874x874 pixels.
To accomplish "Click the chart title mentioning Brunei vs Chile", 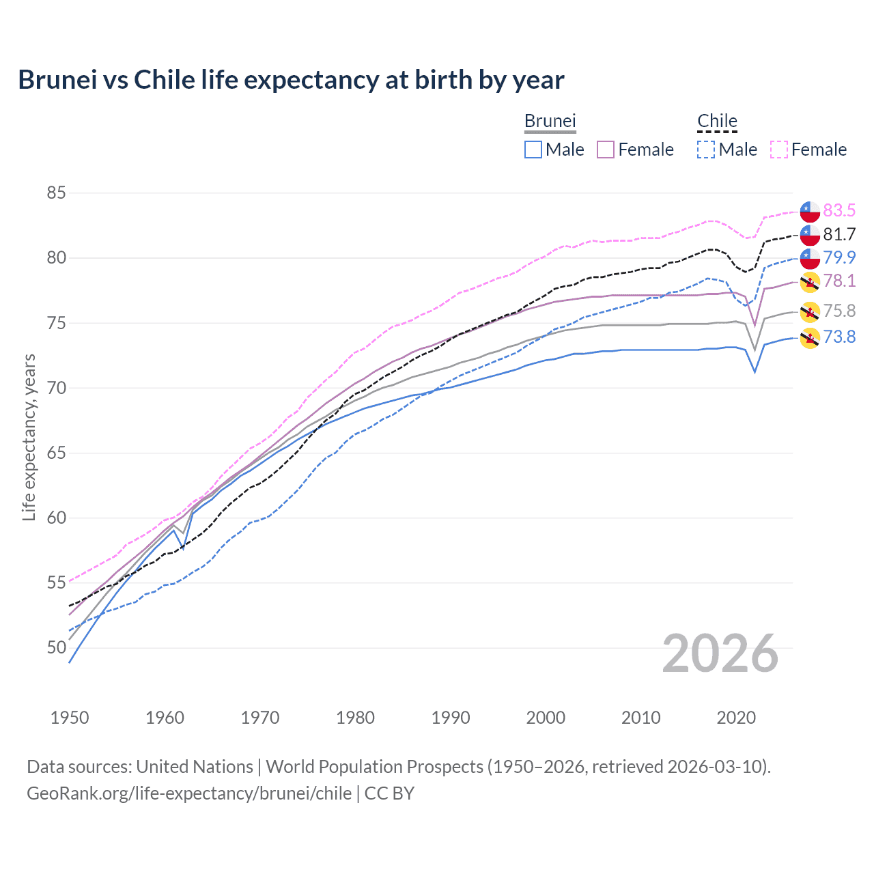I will coord(291,80).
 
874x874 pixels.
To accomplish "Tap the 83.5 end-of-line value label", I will coord(839,210).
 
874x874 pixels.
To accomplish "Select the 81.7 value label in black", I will coord(839,234).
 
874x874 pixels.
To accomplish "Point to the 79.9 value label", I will coord(839,257).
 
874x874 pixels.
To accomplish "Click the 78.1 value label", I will coord(839,281).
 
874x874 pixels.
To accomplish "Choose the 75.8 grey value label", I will coord(839,311).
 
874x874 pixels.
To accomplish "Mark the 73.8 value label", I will coord(839,337).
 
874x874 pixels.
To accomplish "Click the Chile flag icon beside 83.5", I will coord(810,211).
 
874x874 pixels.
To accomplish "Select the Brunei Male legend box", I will coord(533,150).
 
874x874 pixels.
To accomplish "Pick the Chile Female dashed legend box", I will coord(779,150).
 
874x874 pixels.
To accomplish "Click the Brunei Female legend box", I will coord(606,150).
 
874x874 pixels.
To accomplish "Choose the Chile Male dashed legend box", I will coord(706,150).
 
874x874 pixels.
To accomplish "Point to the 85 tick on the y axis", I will coord(56,193).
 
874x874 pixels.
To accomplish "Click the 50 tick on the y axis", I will coord(56,647).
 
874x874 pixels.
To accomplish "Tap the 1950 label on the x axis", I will coord(70,718).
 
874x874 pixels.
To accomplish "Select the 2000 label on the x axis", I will coord(546,718).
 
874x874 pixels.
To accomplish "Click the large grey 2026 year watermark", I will coord(720,654).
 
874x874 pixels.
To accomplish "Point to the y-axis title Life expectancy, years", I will coord(29,437).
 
